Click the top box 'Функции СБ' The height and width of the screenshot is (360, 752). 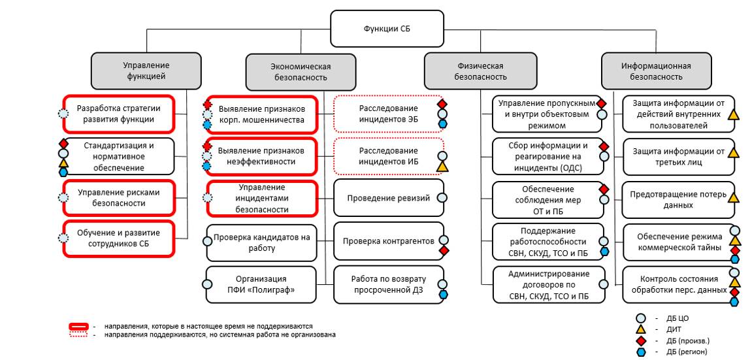coord(387,29)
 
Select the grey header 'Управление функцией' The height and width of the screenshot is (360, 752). coord(146,71)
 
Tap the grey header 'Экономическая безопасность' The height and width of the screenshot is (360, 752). coord(301,71)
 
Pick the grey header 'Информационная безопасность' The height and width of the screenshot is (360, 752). coord(656,71)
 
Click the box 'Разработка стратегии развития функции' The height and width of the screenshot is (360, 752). coord(118,114)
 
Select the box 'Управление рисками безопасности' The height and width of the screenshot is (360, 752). coord(118,198)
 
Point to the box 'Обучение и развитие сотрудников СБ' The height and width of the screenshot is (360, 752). coord(118,238)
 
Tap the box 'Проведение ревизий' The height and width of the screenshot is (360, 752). coord(388,198)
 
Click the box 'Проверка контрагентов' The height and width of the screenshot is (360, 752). coord(388,241)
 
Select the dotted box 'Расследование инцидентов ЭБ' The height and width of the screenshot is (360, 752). coord(388,114)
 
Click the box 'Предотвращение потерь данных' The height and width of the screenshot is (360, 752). coord(678,200)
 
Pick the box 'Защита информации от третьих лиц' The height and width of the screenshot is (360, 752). coord(678,157)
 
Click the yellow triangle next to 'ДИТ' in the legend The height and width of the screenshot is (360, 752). coord(641,330)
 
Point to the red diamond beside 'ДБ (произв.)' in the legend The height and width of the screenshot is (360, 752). coord(641,341)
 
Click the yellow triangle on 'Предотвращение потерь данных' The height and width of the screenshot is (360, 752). coord(734,197)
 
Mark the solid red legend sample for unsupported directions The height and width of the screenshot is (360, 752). coord(80,325)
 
